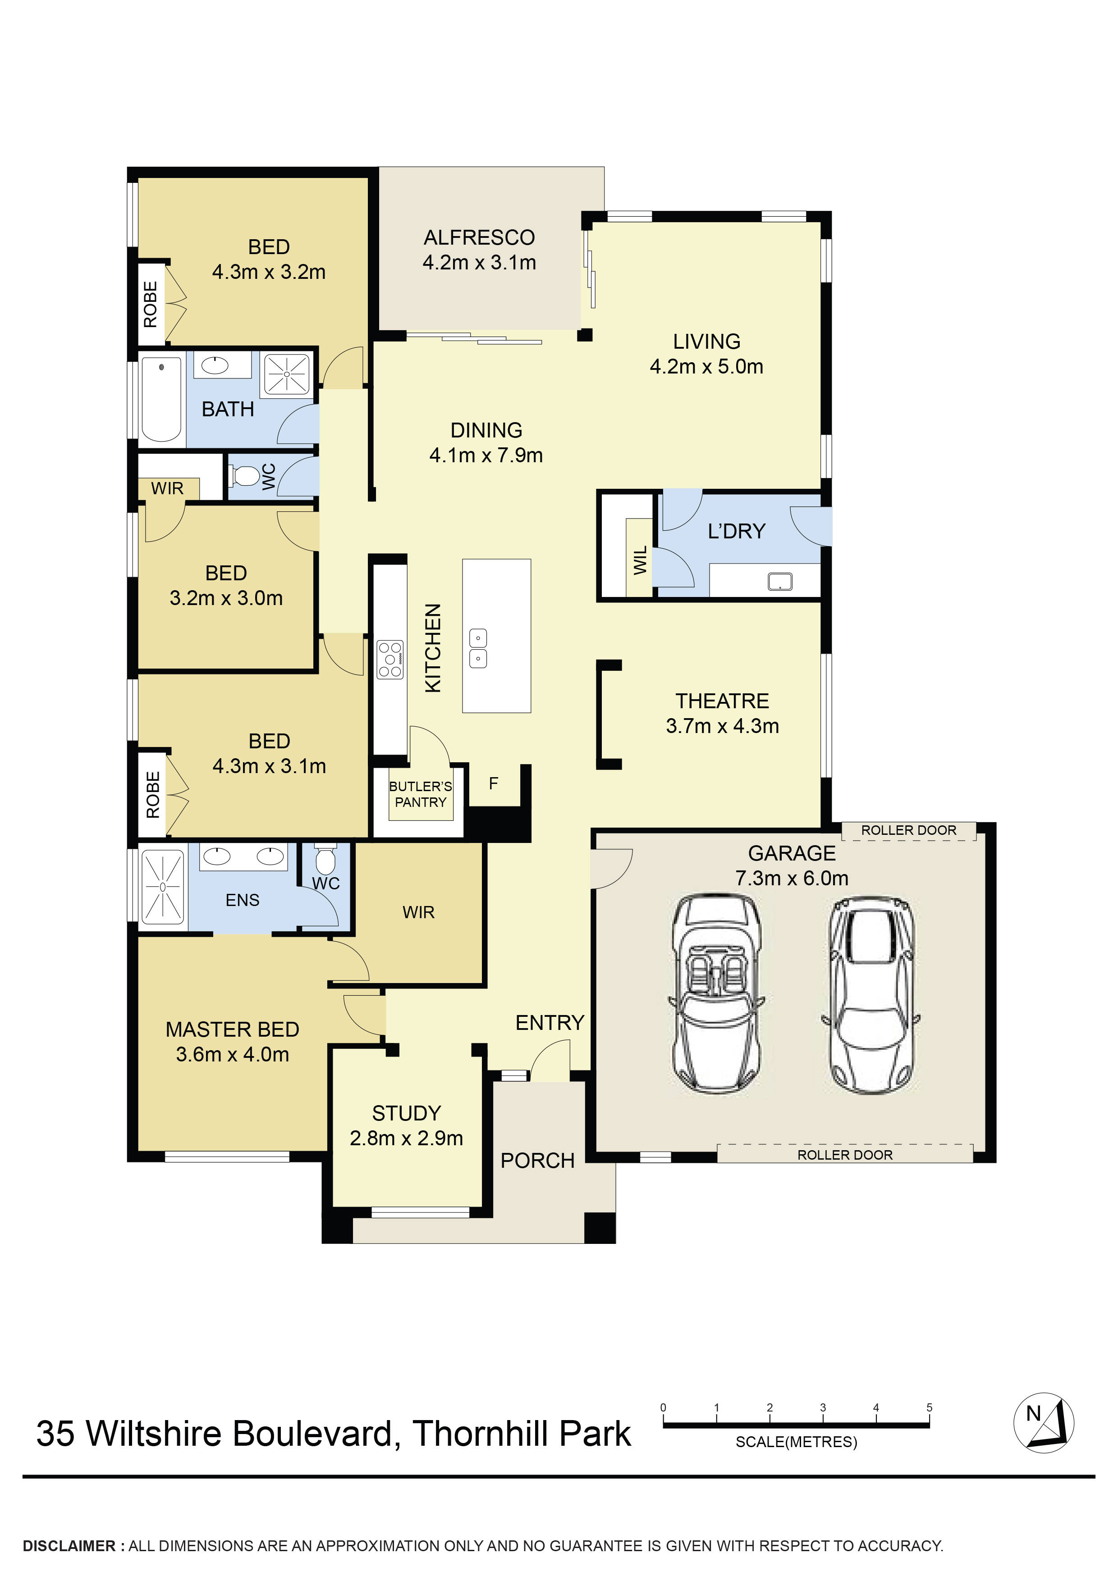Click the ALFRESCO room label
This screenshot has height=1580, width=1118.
[479, 237]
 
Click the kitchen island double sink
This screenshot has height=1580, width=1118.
[478, 648]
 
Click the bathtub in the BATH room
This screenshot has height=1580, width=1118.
[161, 399]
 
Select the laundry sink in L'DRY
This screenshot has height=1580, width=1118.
[780, 582]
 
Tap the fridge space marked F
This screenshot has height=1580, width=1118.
[493, 783]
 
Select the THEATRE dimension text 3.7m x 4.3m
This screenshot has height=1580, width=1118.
[722, 726]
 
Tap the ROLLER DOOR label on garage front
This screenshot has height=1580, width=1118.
[845, 1155]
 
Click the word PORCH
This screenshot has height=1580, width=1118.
[537, 1160]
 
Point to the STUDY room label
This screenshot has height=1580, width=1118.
[406, 1113]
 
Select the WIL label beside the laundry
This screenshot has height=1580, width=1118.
[640, 560]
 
